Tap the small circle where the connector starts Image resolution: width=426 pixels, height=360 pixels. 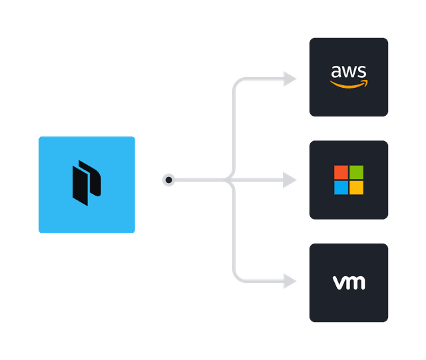tap(169, 180)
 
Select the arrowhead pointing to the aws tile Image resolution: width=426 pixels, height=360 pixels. tap(290, 79)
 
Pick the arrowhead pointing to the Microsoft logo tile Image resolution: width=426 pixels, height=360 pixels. tap(290, 180)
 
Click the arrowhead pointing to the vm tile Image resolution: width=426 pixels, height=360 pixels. tap(290, 281)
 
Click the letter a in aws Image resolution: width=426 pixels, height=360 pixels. tap(337, 72)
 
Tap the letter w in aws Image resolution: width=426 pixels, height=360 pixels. tap(349, 72)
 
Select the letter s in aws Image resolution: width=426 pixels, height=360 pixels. tap(361, 72)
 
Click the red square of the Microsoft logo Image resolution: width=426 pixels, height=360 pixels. tap(341, 172)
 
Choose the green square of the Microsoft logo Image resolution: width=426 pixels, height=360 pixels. tap(357, 172)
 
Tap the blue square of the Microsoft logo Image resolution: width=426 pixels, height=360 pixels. tap(341, 188)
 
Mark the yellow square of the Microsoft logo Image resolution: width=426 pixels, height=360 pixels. tap(357, 188)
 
